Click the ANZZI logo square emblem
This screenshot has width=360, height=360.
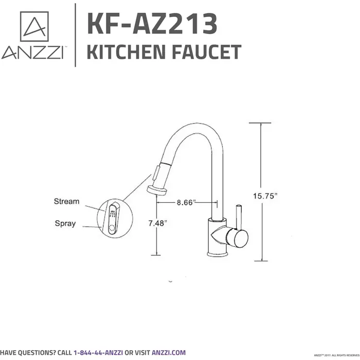34,26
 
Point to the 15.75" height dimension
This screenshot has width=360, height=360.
265,195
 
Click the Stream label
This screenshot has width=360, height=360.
66,201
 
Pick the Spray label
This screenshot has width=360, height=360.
65,224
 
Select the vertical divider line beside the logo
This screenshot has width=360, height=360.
76,35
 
